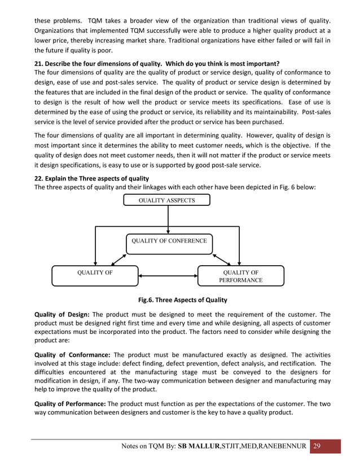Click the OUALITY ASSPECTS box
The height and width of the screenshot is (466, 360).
(167, 200)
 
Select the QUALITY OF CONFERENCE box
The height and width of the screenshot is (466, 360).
(169, 241)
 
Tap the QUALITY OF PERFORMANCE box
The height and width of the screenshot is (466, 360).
(242, 276)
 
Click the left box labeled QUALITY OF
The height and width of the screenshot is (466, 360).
(94, 276)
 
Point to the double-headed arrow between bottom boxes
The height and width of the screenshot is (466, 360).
(168, 276)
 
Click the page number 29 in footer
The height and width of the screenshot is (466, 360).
(317, 446)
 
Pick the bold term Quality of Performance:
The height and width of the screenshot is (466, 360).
(70, 403)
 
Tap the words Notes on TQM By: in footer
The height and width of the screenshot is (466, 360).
(148, 447)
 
